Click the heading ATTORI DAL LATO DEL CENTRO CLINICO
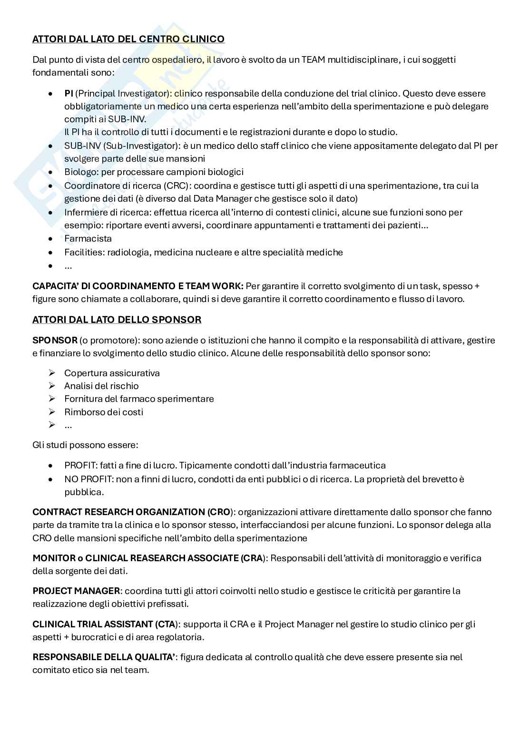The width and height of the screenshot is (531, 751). [x=128, y=39]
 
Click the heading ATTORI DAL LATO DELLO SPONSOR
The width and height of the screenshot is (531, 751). [x=117, y=320]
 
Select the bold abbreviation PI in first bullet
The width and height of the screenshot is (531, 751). [x=69, y=93]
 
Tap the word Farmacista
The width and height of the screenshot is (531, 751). [x=88, y=239]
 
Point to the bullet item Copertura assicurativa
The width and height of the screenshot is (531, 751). [x=112, y=373]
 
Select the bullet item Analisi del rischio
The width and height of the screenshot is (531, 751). [x=101, y=386]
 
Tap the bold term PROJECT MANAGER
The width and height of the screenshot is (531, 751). [x=76, y=591]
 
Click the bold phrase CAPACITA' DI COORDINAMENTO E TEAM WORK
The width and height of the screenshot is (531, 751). [x=138, y=286]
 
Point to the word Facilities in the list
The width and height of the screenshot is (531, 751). [x=83, y=252]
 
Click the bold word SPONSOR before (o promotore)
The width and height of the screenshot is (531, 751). [x=55, y=341]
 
